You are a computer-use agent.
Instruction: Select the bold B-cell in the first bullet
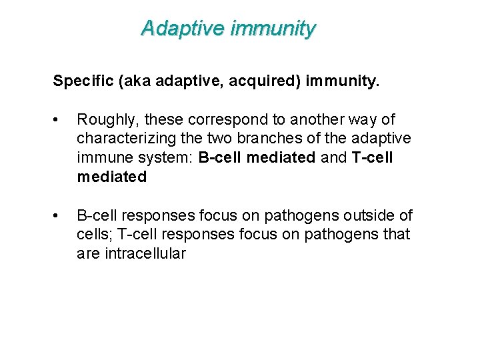pos(222,158)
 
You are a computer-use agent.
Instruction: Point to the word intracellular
pos(145,254)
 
